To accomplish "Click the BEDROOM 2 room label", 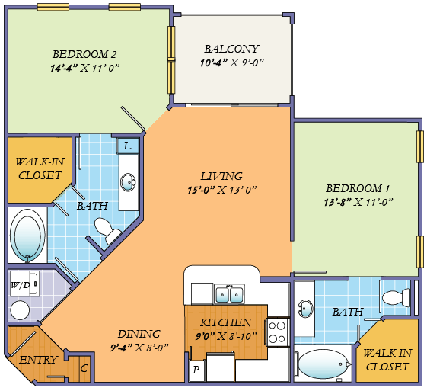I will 84,54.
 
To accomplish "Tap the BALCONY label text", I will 232,48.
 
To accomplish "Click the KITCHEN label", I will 225,322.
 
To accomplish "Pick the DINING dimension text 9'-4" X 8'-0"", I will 138,347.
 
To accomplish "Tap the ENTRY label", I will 38,360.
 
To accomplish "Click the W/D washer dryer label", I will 21,287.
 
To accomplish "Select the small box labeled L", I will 127,145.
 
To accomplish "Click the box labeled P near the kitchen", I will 196,370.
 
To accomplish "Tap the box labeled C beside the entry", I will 84,369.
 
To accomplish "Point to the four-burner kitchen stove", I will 279,332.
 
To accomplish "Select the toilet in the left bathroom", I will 106,229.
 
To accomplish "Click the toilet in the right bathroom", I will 395,297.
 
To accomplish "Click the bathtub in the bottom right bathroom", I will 323,364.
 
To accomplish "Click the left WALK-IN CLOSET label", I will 39,168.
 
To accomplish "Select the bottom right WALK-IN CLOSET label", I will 387,360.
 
